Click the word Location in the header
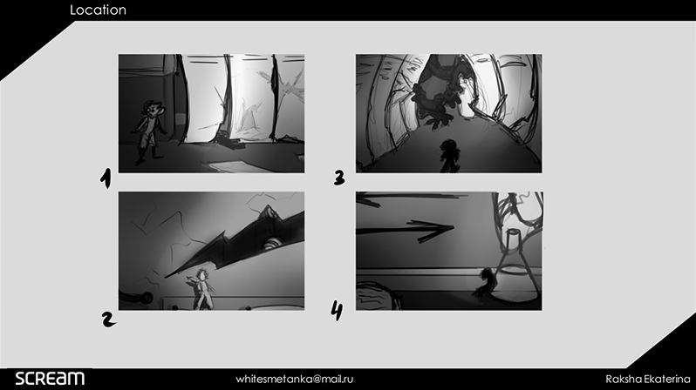pyautogui.click(x=98, y=10)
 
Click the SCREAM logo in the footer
pyautogui.click(x=50, y=379)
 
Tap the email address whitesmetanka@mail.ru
pyautogui.click(x=294, y=379)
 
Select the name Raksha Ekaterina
pyautogui.click(x=648, y=379)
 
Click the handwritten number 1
pyautogui.click(x=106, y=178)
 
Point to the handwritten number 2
pyautogui.click(x=108, y=319)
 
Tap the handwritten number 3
pyautogui.click(x=339, y=178)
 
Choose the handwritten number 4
pyautogui.click(x=337, y=310)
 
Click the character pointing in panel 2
pyautogui.click(x=201, y=288)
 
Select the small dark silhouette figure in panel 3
pyautogui.click(x=449, y=156)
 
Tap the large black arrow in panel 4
pyautogui.click(x=405, y=230)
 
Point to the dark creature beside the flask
pyautogui.click(x=484, y=285)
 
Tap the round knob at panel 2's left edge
pyautogui.click(x=146, y=299)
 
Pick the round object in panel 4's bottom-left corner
pyautogui.click(x=379, y=296)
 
